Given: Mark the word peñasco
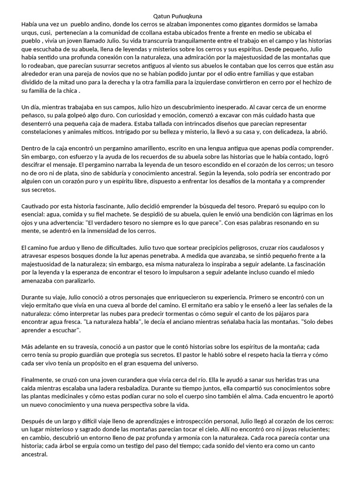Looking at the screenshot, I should pyautogui.click(x=34, y=115).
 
